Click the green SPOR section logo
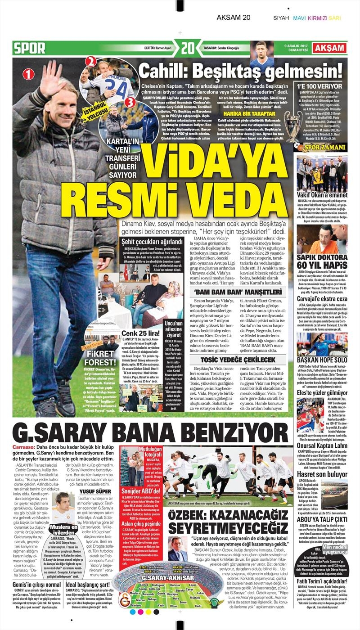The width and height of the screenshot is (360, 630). [x=30, y=48]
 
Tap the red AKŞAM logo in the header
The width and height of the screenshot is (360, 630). [x=330, y=48]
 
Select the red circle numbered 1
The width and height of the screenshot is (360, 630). [x=28, y=74]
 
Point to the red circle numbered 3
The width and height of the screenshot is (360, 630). [x=130, y=102]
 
